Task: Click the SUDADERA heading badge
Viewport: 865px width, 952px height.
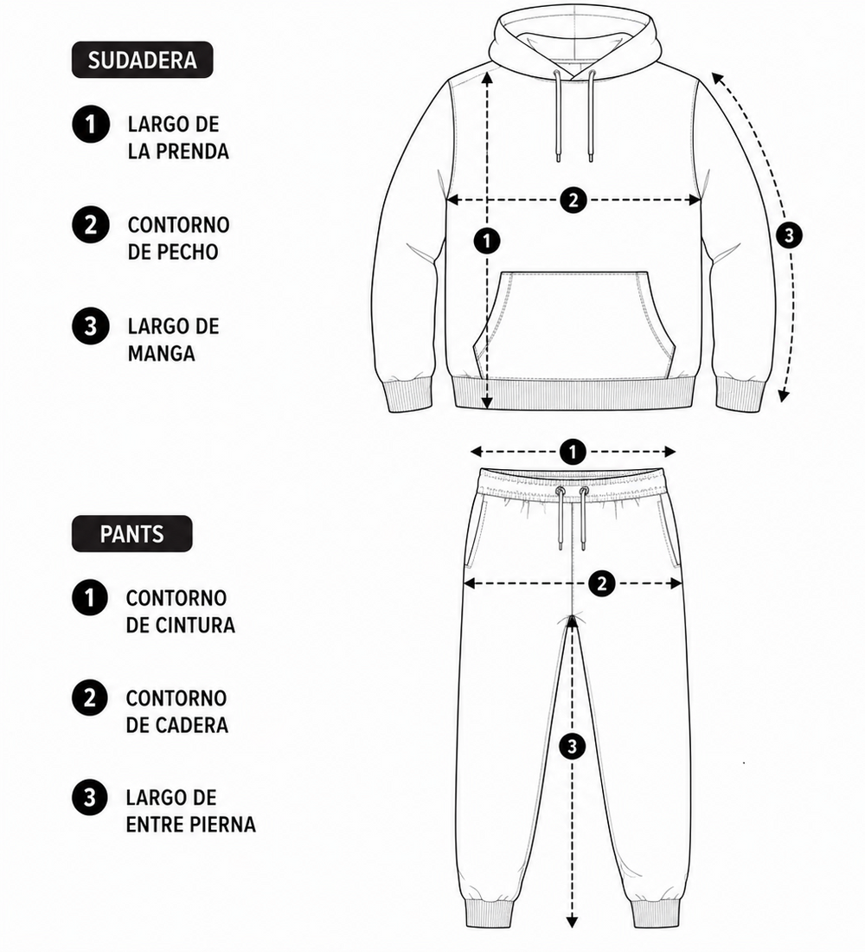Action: pos(142,60)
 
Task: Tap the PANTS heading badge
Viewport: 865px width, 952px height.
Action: pos(131,534)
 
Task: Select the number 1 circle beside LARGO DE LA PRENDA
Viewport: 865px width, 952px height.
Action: pos(91,125)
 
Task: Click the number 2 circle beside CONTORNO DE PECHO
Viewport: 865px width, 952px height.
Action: pos(91,225)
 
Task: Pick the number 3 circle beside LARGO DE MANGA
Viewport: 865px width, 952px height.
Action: pos(91,326)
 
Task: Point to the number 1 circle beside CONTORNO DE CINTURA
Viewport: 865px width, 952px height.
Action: pos(90,598)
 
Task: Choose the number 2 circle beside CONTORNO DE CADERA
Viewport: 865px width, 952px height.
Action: pos(90,698)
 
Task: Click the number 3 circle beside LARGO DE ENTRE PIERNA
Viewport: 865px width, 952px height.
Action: pos(90,797)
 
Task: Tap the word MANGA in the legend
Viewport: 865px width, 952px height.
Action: pos(162,353)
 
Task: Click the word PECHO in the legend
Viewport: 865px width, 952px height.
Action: pos(186,252)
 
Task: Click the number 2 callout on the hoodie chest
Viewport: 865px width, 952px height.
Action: pos(573,200)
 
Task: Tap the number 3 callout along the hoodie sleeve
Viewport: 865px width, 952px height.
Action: pos(789,235)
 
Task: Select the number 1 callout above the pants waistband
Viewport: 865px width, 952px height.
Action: pos(573,452)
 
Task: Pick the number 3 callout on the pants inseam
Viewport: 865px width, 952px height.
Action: pos(572,745)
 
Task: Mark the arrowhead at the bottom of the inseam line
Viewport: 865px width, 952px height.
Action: pos(571,939)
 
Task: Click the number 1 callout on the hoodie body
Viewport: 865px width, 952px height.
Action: pos(487,241)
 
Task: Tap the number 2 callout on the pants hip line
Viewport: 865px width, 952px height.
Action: pos(601,583)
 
